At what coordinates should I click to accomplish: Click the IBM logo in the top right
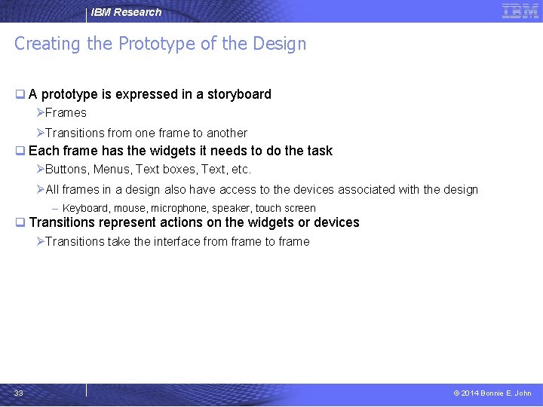click(x=520, y=11)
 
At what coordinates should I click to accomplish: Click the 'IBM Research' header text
click(x=126, y=12)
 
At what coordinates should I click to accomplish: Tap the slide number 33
click(x=18, y=393)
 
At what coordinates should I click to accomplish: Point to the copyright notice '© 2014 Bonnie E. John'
click(x=492, y=393)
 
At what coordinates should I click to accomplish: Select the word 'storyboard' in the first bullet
click(x=239, y=94)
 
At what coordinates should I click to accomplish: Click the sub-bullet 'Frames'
click(x=66, y=113)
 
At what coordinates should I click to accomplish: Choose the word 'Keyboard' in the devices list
click(x=85, y=208)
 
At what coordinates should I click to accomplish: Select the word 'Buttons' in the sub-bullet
click(x=66, y=169)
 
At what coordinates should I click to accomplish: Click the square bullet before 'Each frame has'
click(x=20, y=151)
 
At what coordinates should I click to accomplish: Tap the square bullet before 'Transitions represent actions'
click(x=20, y=222)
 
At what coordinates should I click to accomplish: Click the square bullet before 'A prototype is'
click(x=20, y=94)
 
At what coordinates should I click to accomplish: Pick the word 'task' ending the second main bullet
click(x=320, y=151)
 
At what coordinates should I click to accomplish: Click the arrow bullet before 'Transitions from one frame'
click(x=41, y=133)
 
